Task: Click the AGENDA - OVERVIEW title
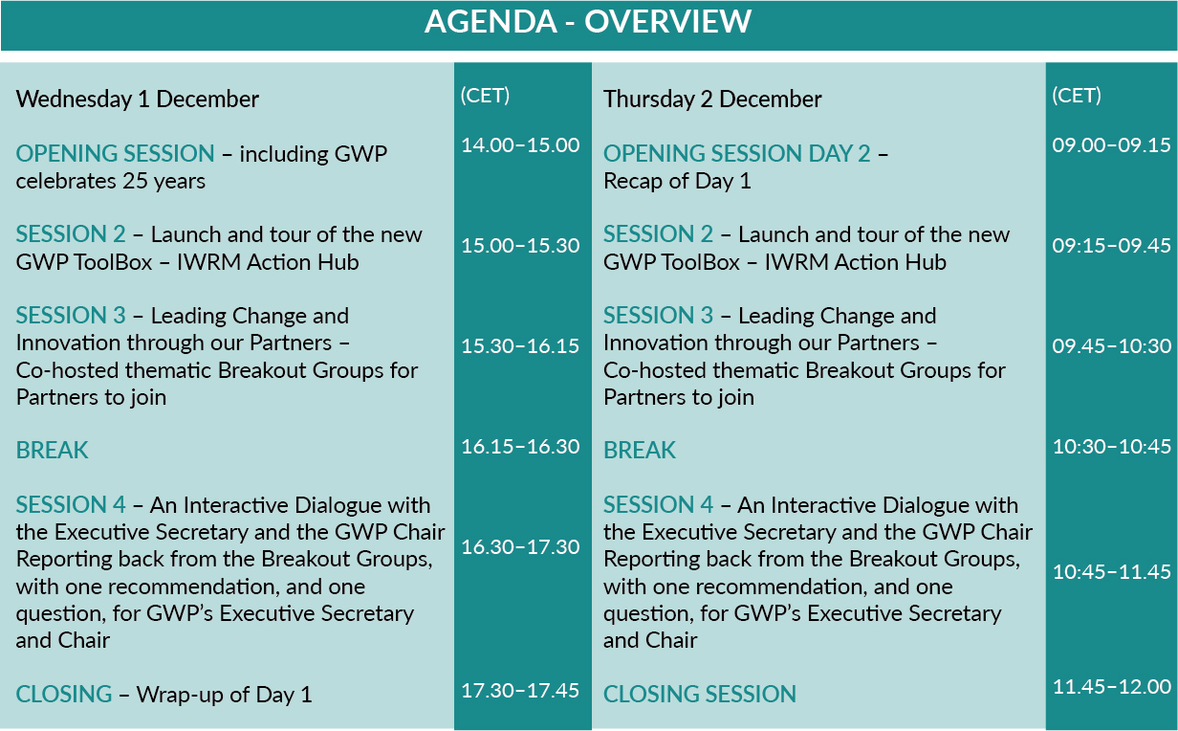click(588, 22)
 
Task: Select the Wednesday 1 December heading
click(138, 100)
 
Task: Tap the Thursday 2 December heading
click(712, 100)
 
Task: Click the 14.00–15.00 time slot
click(520, 145)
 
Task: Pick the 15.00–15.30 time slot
click(520, 246)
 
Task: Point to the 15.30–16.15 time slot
click(520, 346)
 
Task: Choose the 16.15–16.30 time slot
click(520, 447)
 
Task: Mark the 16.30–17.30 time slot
click(520, 547)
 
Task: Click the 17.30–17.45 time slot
click(520, 691)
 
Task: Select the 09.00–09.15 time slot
click(1112, 145)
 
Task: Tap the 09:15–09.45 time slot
click(1112, 246)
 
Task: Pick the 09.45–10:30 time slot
click(1112, 346)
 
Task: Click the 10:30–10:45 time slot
click(1112, 447)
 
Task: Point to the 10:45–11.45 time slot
click(1112, 572)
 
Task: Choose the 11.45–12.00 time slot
click(1112, 687)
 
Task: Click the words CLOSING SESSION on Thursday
click(700, 694)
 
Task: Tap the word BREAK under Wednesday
click(52, 451)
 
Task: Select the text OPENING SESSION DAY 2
click(737, 154)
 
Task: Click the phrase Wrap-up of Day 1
click(224, 696)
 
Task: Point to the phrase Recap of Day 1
click(677, 182)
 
